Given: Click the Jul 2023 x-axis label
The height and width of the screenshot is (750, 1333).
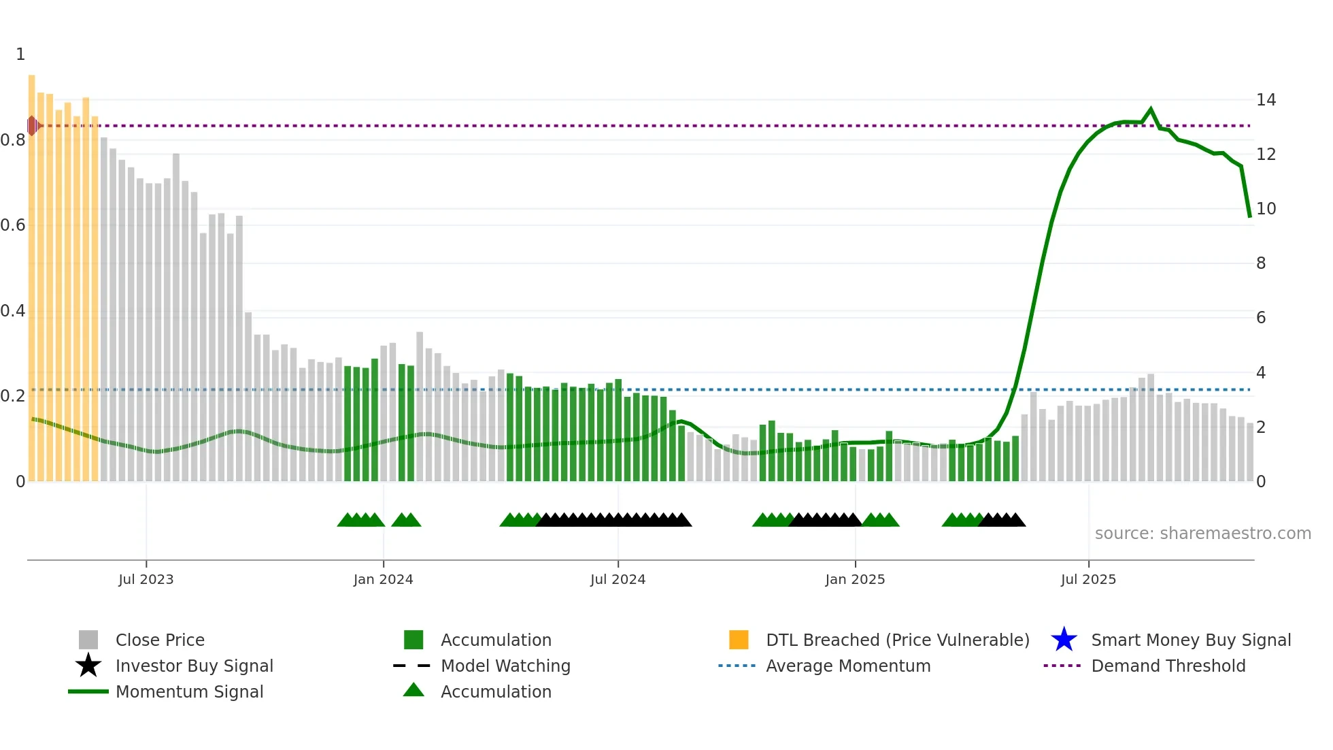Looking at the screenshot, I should pos(146,579).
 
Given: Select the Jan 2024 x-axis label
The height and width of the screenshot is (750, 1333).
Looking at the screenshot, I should pos(383,579).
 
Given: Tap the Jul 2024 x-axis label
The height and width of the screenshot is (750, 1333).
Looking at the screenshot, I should pos(618,579).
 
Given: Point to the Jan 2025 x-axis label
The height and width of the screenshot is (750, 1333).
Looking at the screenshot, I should pos(855,579).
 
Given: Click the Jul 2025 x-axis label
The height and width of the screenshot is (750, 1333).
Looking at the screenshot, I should pos(1088,579).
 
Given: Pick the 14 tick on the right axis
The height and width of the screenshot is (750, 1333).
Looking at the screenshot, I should pos(1266,100).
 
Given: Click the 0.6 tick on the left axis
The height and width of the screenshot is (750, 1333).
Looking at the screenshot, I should pos(13,225).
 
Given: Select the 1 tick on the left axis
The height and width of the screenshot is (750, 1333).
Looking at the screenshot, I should pos(20,54).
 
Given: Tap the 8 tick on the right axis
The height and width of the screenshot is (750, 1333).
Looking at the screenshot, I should pos(1261,263).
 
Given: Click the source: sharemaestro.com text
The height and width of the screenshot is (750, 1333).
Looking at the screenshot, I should pos(1202,534).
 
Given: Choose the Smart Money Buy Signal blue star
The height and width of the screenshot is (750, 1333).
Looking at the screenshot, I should pos(1064,640).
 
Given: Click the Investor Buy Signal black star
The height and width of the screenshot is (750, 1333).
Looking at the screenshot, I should pos(88,666).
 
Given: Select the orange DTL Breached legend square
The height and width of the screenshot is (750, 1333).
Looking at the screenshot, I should pos(739,640).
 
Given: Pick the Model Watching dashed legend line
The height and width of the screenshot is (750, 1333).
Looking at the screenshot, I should pos(412,666).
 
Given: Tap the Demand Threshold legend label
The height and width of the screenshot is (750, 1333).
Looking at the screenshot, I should pos(1168,666).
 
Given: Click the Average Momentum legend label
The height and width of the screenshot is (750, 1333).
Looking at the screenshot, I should pos(848,666).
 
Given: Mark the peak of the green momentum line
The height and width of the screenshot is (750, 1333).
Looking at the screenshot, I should pos(1151,109).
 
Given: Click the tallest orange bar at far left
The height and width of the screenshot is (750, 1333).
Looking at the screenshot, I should pos(31,272).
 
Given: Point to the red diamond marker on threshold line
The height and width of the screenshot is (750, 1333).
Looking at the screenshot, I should pos(32,126).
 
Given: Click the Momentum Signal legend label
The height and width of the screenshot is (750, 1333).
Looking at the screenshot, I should pos(189,691).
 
